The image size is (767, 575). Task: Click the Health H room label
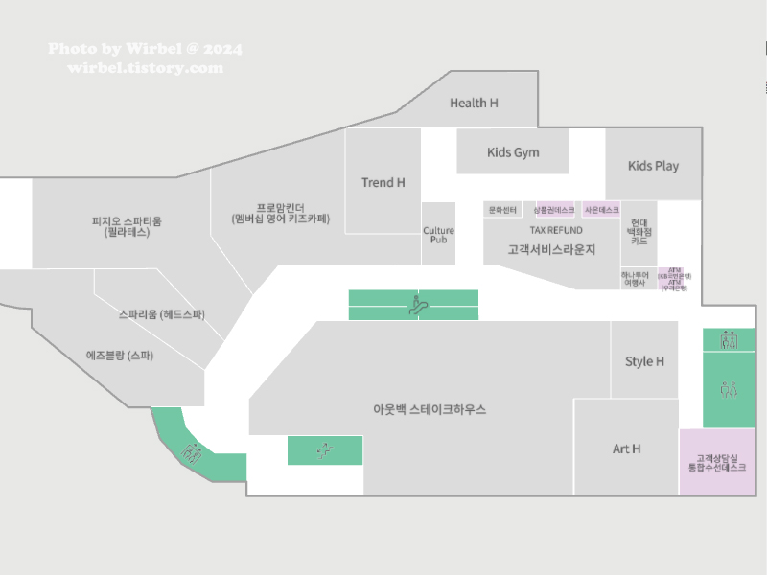pos(474,103)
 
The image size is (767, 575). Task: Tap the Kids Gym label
pos(513,152)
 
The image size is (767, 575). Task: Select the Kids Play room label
pos(653,166)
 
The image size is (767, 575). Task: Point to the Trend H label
pos(383,182)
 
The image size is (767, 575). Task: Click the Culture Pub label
pos(438,235)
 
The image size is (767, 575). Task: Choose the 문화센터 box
pos(502,210)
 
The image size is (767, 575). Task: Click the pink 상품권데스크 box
pos(554,210)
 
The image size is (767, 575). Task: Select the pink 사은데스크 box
pos(602,210)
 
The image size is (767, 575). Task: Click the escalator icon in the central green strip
pos(415,306)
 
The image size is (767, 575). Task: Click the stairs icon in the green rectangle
pos(325,449)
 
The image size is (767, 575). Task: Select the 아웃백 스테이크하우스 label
pos(430,409)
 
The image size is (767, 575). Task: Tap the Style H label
pos(644,361)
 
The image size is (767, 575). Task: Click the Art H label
pos(626,448)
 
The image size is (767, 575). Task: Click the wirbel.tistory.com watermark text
pos(145,68)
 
